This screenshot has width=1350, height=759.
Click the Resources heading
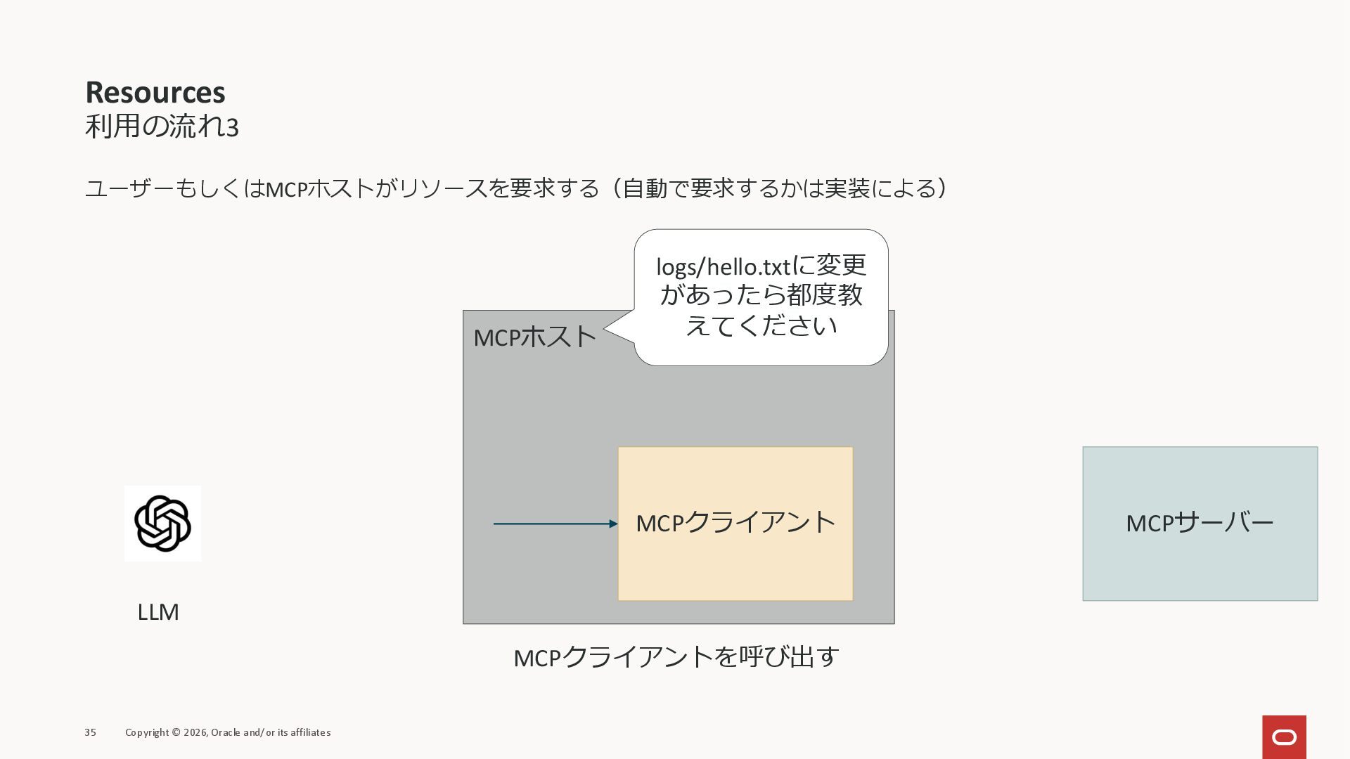[155, 93]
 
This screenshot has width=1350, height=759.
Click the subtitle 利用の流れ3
[162, 127]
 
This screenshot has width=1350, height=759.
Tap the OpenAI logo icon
[162, 524]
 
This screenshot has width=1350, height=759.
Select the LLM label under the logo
[158, 612]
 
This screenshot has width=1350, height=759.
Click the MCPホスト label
[534, 337]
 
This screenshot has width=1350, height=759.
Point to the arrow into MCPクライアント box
[555, 524]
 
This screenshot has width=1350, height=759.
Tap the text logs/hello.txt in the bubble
[723, 267]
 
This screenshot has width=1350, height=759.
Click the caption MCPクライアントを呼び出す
[676, 658]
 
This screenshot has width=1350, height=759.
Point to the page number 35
[91, 732]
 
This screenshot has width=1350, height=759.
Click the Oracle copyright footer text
[228, 732]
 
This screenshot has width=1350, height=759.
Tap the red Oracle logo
[1284, 737]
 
